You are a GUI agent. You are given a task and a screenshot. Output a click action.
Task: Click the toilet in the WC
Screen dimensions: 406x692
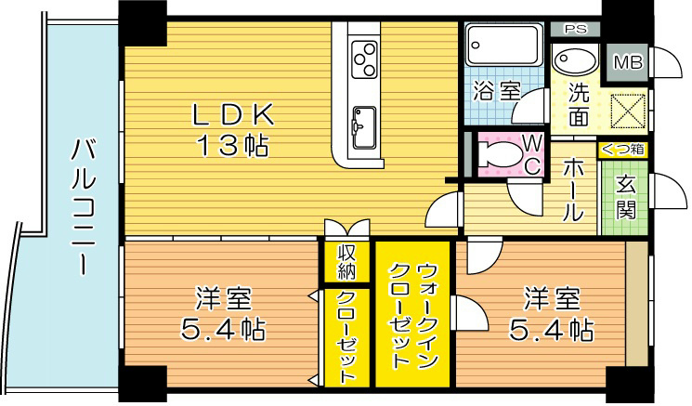[x=503, y=153]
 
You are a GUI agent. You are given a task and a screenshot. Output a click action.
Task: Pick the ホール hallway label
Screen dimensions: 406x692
[x=573, y=190]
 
